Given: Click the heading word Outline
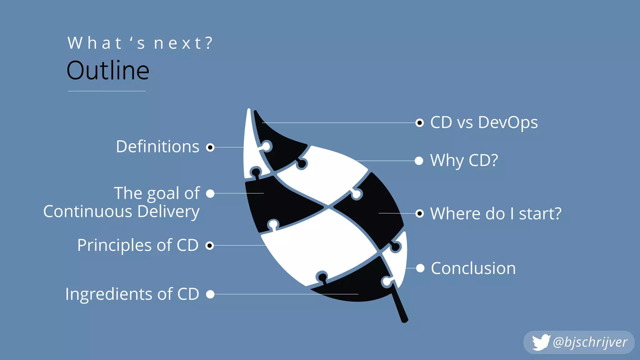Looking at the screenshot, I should (108, 71).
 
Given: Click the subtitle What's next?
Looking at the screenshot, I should (140, 43).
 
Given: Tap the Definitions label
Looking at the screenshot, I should (157, 147).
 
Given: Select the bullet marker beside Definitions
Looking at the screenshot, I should (210, 147).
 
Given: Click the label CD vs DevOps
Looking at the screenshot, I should (484, 122).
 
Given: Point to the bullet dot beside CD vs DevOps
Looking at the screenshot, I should (420, 123).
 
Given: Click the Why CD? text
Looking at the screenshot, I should (464, 161).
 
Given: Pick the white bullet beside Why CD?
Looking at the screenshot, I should (419, 161).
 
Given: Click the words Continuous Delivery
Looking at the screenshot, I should (121, 212).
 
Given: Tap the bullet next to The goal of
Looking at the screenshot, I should (210, 193).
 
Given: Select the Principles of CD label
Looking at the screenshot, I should (138, 245).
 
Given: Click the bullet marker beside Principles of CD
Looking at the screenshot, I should (210, 246).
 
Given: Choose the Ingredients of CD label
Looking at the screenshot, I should (132, 294).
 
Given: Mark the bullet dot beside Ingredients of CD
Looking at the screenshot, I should (210, 294).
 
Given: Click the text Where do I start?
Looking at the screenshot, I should (496, 214).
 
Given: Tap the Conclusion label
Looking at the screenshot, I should (473, 268).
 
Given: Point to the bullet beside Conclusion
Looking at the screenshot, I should (420, 268).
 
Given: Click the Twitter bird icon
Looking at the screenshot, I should (541, 342).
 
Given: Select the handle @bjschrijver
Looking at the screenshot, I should (590, 342).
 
